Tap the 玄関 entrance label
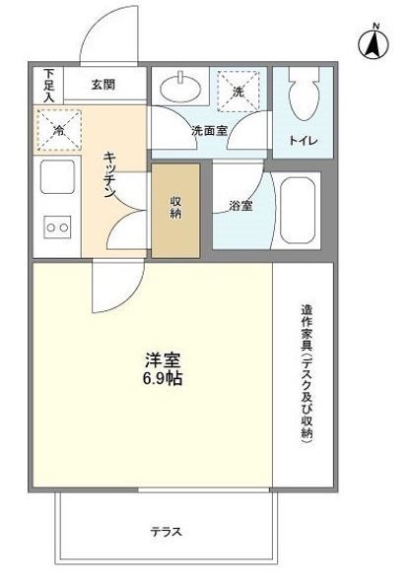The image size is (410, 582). pos(104,84)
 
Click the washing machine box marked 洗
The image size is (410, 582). pos(239,90)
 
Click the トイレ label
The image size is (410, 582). pos(302,142)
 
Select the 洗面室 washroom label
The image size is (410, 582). pos(209,130)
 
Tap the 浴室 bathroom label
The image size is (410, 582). pos(240,207)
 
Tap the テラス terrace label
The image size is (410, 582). pos(166,531)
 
